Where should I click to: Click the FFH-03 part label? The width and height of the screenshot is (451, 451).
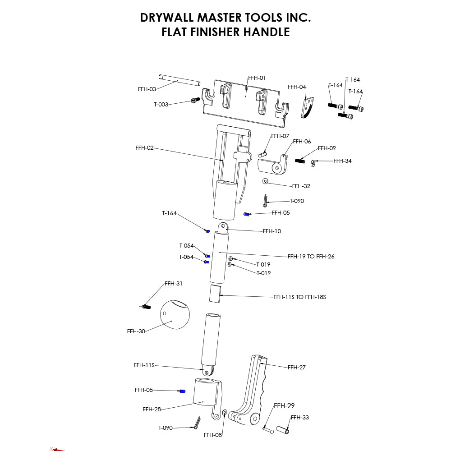coord(147,89)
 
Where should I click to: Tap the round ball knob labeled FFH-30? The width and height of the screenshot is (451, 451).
coord(175,315)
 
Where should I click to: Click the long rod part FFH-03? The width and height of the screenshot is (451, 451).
coord(179,80)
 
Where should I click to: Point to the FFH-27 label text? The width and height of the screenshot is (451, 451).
coord(296,368)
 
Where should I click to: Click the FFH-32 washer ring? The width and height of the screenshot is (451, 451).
coord(265,181)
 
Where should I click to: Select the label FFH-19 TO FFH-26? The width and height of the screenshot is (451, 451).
coord(311,257)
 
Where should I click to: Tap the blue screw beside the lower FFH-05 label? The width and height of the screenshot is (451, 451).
coord(183,391)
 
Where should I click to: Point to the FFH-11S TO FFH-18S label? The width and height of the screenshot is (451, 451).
coord(299,297)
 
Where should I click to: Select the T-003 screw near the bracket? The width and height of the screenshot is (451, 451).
coord(195,101)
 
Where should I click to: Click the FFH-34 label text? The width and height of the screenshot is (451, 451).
coord(342,161)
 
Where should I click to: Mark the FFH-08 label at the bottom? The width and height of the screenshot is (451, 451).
coord(212,435)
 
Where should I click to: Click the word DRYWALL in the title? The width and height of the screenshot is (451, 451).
coord(167,18)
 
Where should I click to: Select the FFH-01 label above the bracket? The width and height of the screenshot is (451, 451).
coord(257,78)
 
